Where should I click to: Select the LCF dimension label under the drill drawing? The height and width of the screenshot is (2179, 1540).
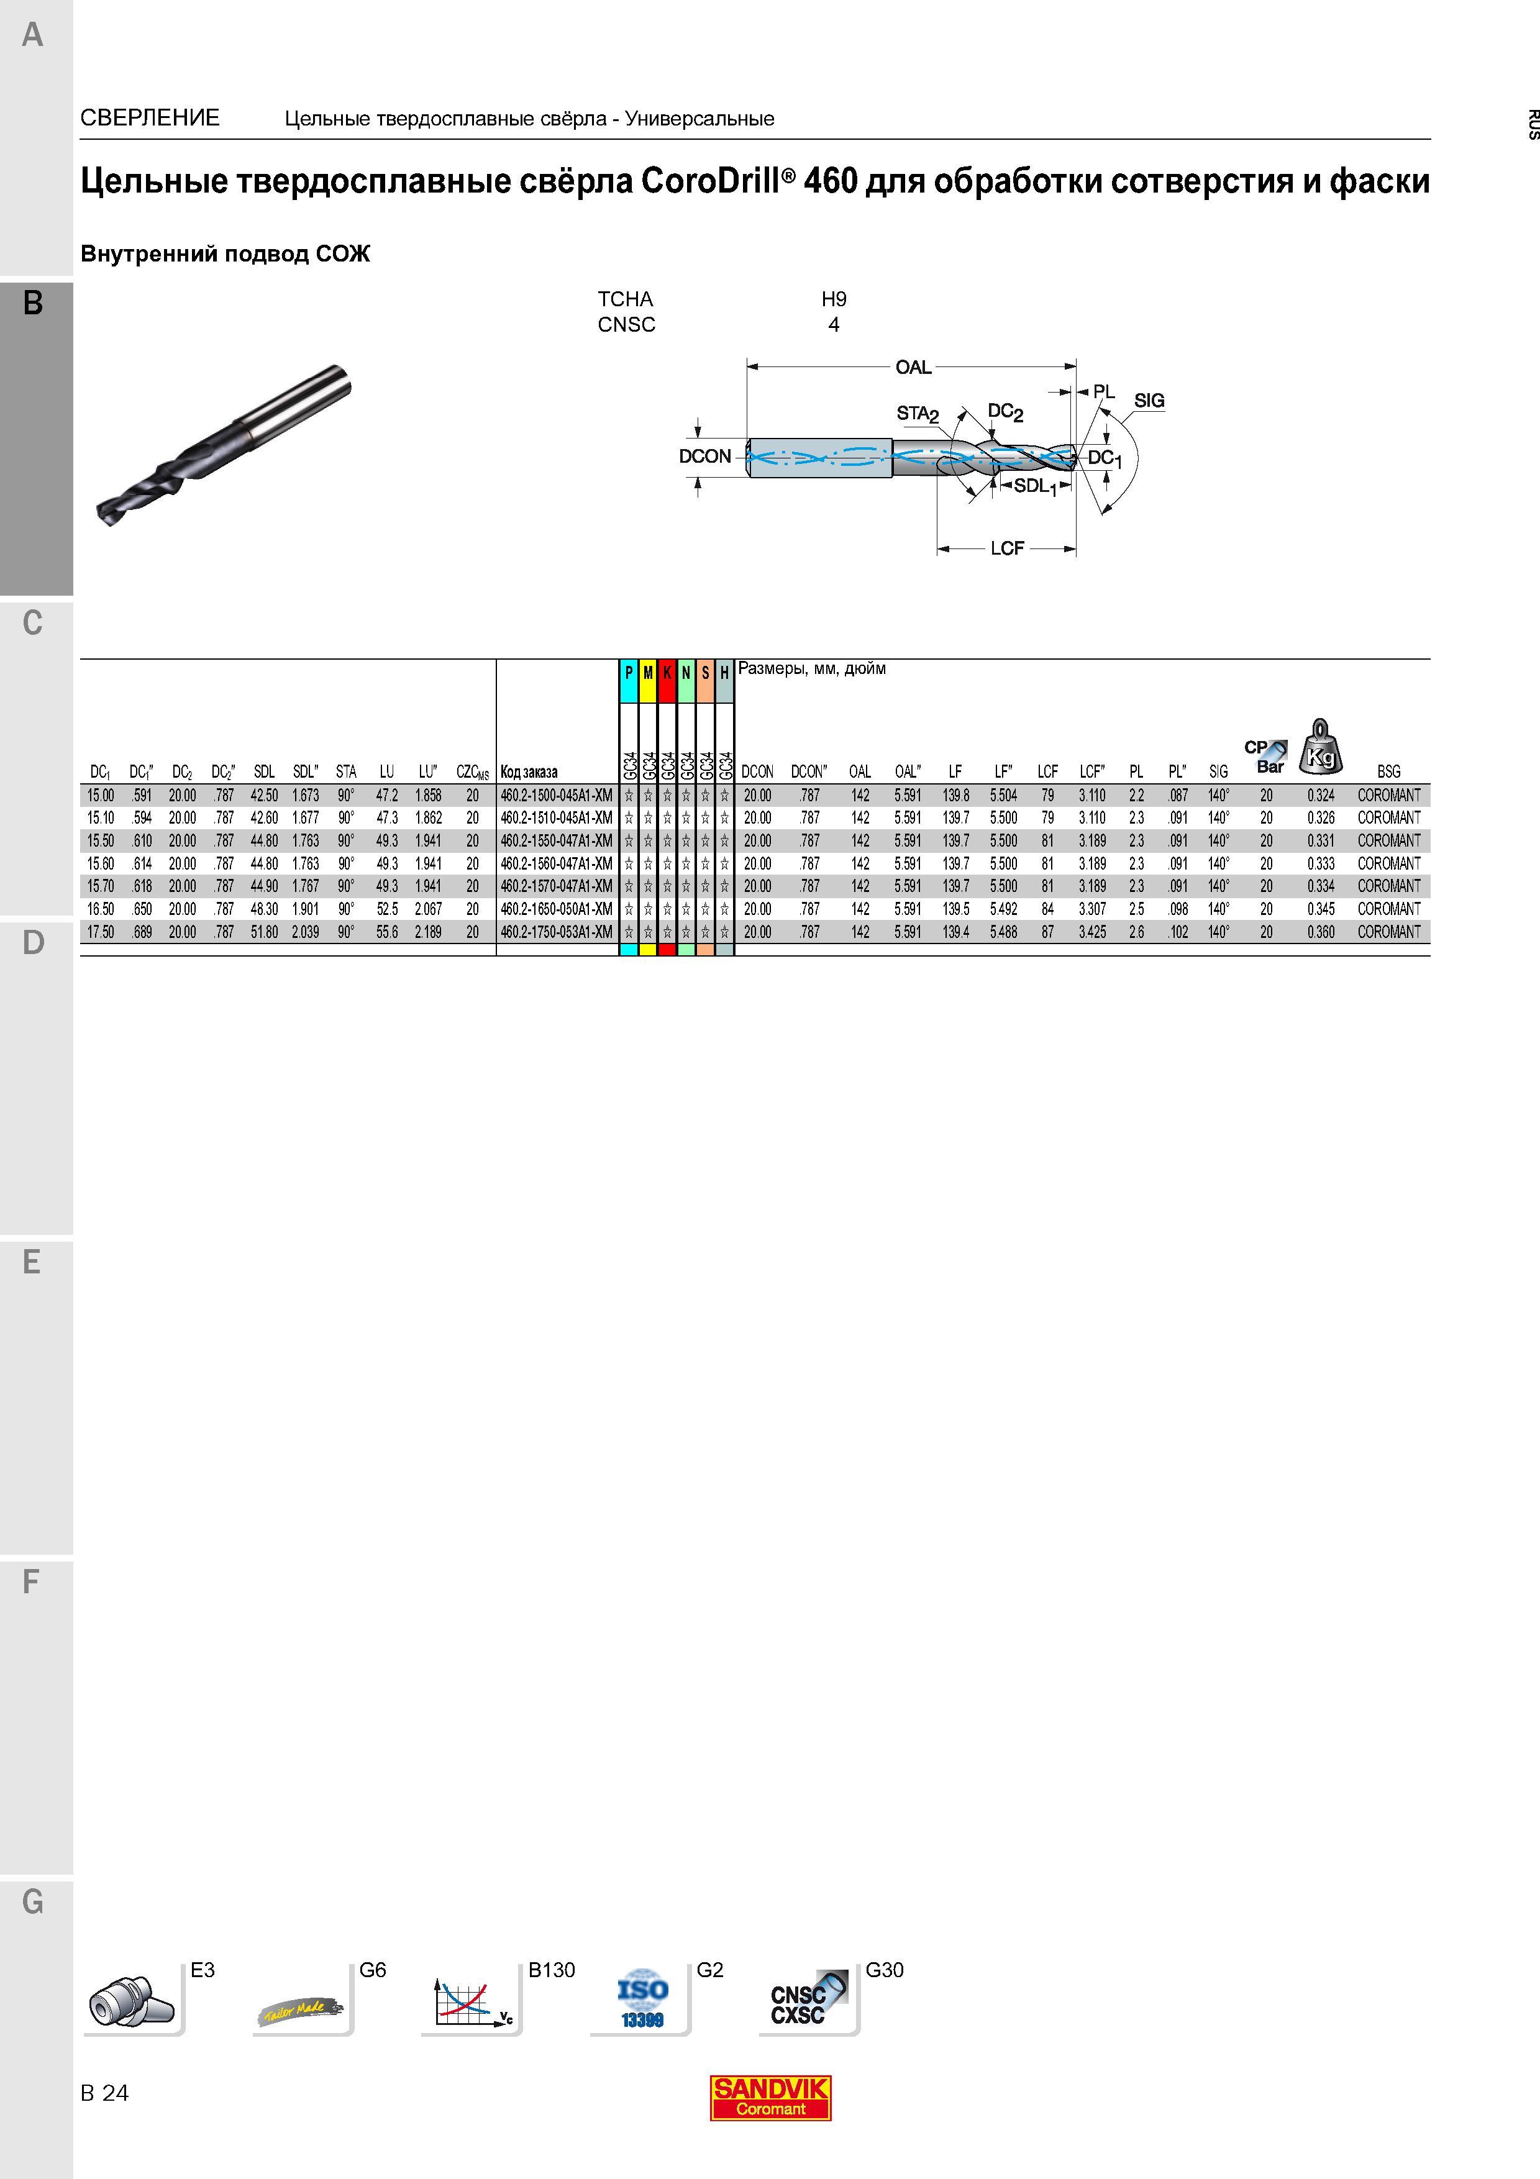pyautogui.click(x=1007, y=548)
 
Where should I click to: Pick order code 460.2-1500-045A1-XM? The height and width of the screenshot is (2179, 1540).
pyautogui.click(x=557, y=795)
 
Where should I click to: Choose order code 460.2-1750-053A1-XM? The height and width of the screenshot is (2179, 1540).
pyautogui.click(x=557, y=932)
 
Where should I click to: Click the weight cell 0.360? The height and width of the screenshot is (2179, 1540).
pyautogui.click(x=1321, y=932)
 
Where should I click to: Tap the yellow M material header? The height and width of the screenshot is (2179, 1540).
pyautogui.click(x=648, y=673)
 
